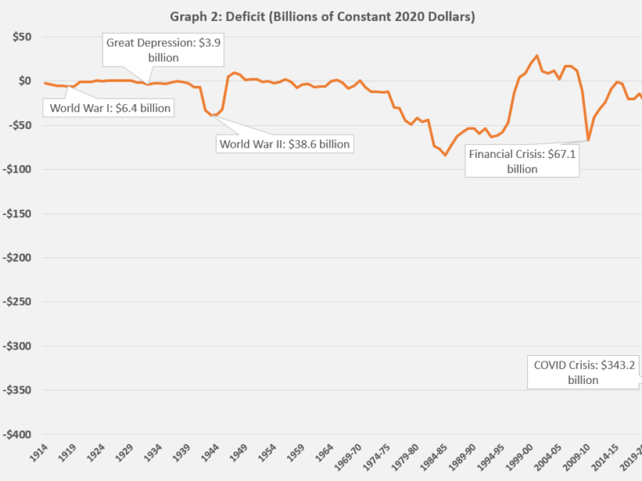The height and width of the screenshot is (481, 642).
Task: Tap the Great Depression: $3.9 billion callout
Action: (164, 50)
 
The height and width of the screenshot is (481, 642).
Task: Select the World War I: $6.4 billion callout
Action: (110, 107)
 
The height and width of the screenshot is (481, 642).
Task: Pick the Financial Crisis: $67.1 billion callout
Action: (522, 161)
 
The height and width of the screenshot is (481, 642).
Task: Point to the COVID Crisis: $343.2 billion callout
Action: (583, 372)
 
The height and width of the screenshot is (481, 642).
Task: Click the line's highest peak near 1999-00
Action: (537, 56)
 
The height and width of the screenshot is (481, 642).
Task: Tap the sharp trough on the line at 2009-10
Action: (588, 140)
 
